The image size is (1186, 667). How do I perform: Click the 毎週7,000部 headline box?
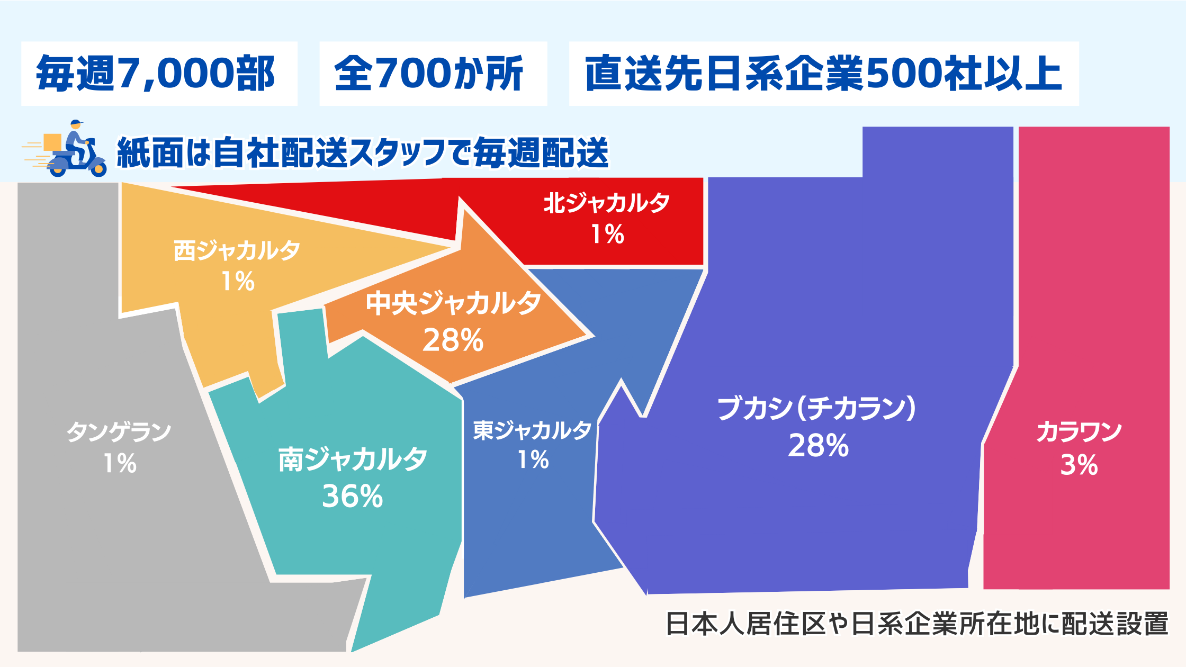pos(159,74)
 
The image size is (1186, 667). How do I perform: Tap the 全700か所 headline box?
pos(433,74)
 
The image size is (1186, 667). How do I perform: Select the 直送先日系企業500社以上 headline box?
pos(824,74)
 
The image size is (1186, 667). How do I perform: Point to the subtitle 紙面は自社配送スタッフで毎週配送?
pos(363,152)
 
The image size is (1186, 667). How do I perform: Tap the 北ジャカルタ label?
pos(607,203)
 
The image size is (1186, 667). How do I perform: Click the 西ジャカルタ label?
pos(237,250)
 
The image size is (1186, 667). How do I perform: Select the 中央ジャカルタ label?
pos(453,303)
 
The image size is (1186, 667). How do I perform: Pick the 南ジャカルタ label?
pos(353,459)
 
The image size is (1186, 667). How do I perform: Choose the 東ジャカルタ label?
pos(532,430)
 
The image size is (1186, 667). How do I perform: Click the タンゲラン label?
pos(119,432)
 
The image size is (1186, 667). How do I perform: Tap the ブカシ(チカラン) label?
pos(816,408)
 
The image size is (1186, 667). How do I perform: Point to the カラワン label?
pos(1079,432)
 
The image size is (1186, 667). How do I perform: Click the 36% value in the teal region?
pos(352,497)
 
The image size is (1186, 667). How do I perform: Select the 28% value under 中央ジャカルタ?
pos(453,340)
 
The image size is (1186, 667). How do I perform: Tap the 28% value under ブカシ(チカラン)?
pos(818,446)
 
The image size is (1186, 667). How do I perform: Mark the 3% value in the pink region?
pos(1079,465)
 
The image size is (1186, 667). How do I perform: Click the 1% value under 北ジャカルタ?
pos(607,234)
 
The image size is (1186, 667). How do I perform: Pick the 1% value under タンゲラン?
pos(120,464)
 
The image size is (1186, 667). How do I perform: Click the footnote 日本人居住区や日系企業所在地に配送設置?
pos(917,624)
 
